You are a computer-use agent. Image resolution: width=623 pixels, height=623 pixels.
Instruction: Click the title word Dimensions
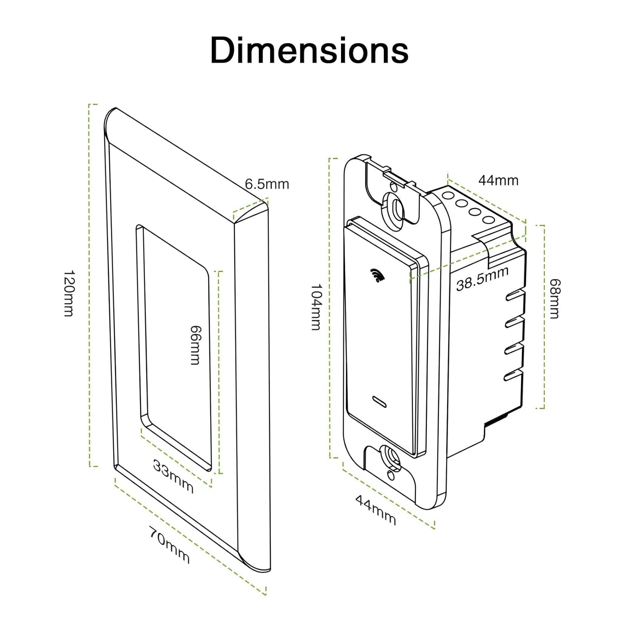point(309,51)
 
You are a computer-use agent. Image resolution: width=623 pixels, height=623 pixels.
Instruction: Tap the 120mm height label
point(69,293)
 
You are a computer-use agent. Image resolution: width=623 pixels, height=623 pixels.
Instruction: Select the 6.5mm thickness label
point(267,184)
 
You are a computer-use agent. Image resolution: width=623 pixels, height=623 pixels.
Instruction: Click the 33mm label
point(173,476)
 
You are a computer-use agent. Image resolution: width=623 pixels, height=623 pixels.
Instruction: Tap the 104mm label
point(316,307)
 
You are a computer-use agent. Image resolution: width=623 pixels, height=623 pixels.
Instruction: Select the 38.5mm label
point(482,279)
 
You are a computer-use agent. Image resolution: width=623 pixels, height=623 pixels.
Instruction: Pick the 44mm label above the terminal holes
point(498,180)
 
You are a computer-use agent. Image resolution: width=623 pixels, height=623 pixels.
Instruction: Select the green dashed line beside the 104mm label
point(330,307)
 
